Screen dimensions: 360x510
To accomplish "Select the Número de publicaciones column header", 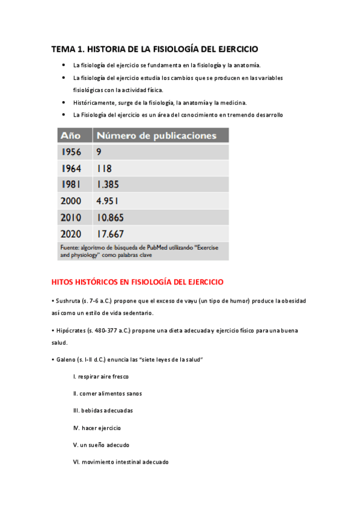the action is (156, 135).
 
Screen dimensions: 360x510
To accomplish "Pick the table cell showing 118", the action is (104, 168).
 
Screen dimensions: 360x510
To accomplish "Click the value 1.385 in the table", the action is (108, 185).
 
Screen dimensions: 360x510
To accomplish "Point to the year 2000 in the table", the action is (72, 201).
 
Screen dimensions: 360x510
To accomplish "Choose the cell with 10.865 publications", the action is (111, 217).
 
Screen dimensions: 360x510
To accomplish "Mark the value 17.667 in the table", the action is (111, 233).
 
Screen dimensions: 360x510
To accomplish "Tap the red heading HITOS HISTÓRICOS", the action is (138, 281).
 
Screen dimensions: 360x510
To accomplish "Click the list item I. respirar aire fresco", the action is (101, 376).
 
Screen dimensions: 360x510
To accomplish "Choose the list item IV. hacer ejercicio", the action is (97, 428).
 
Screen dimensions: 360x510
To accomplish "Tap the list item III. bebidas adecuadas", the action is (103, 410).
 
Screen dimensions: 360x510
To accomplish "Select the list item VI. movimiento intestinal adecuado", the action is (121, 462).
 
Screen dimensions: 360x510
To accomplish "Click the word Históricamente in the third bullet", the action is (91, 102).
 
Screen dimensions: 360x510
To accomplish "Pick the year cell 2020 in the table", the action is (72, 233).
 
